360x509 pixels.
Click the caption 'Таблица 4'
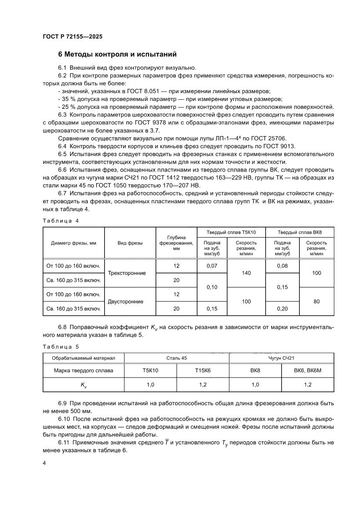[61, 221]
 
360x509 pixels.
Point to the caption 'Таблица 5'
[61, 347]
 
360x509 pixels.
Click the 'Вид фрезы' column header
[130, 243]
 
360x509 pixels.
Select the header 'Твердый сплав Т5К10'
[231, 232]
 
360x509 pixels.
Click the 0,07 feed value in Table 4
[212, 266]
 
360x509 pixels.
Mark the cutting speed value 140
[246, 273]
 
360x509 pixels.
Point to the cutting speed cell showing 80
[316, 301]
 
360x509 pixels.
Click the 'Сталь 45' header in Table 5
[176, 358]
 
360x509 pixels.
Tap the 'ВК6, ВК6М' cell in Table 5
[307, 371]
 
